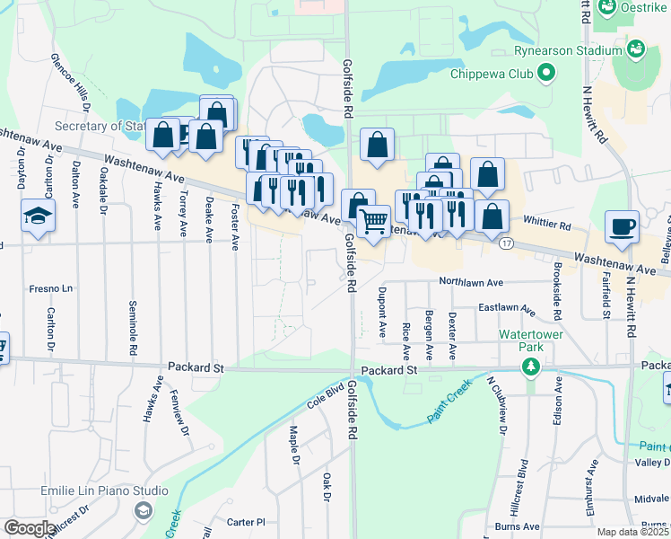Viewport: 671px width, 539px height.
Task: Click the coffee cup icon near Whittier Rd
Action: [621, 226]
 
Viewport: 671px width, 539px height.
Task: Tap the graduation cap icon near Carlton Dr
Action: [39, 216]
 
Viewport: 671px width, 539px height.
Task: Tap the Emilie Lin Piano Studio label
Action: [104, 490]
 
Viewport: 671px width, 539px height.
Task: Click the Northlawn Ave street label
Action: [471, 281]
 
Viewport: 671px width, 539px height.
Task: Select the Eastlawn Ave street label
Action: [506, 308]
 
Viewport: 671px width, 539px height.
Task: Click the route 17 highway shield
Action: [507, 243]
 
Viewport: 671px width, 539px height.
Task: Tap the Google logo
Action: [29, 528]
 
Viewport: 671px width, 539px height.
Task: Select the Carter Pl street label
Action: [247, 521]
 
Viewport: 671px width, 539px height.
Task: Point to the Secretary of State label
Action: [99, 126]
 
